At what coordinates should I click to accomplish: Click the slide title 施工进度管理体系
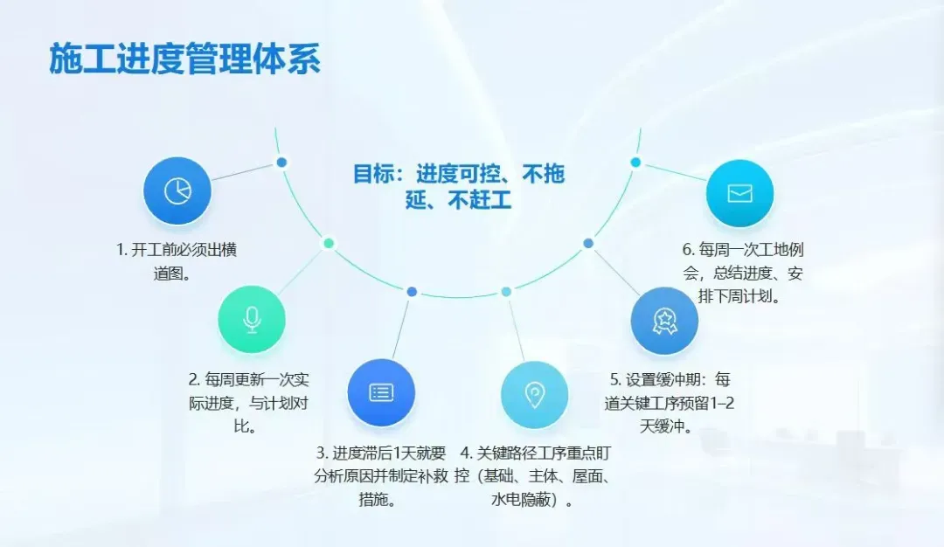click(x=184, y=59)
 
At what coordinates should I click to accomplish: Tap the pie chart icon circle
click(x=177, y=190)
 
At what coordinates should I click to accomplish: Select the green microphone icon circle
click(x=252, y=320)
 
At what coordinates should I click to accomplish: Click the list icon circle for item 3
click(x=381, y=392)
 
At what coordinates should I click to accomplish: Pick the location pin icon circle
click(x=534, y=395)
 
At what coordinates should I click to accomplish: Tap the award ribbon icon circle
click(x=664, y=321)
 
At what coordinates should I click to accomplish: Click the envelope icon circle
click(x=739, y=193)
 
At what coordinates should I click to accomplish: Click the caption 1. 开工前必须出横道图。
click(x=177, y=261)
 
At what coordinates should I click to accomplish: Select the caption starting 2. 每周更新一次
click(x=249, y=403)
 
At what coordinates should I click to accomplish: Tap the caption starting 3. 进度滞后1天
click(x=381, y=476)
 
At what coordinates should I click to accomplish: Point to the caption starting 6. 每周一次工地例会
click(x=742, y=273)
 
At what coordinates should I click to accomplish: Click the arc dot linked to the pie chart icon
click(x=281, y=163)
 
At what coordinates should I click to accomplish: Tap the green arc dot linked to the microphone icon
click(x=329, y=243)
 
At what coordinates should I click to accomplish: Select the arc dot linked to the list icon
click(x=412, y=291)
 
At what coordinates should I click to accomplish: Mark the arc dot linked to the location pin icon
click(x=506, y=291)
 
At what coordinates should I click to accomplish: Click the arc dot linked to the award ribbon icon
click(x=588, y=243)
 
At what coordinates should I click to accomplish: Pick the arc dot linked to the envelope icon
click(x=635, y=163)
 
